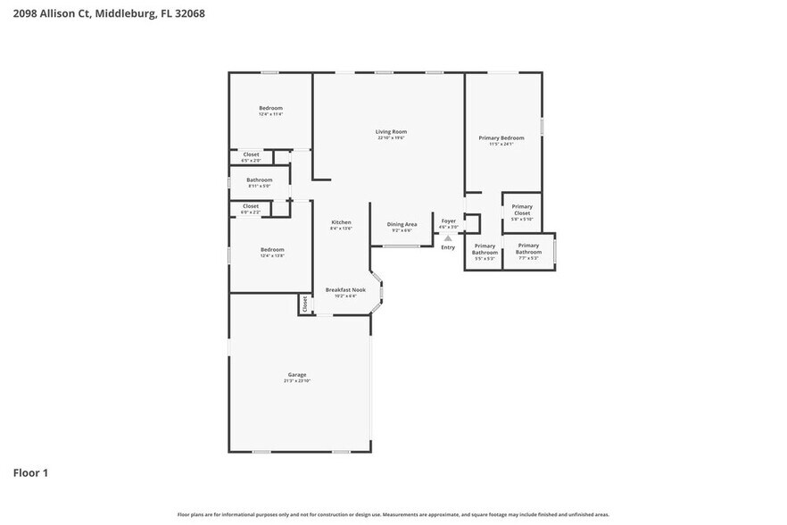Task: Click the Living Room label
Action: pyautogui.click(x=391, y=131)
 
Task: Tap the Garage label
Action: pyautogui.click(x=296, y=374)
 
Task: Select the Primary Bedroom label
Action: pyautogui.click(x=501, y=137)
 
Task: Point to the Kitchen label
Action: pyautogui.click(x=341, y=222)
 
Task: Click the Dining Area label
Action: pyautogui.click(x=402, y=224)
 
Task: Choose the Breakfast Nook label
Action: pyautogui.click(x=345, y=289)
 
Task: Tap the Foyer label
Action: pyautogui.click(x=448, y=221)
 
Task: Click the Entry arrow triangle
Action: pyautogui.click(x=448, y=238)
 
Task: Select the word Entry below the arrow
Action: pyautogui.click(x=448, y=247)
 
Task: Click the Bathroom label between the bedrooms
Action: pyautogui.click(x=259, y=180)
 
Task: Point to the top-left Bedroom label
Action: pyautogui.click(x=270, y=108)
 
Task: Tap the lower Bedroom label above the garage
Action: pyautogui.click(x=272, y=249)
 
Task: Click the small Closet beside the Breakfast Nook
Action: pyautogui.click(x=305, y=304)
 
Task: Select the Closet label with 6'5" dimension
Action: pyautogui.click(x=251, y=154)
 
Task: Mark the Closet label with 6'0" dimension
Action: pyautogui.click(x=251, y=206)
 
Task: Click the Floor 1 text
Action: pyautogui.click(x=30, y=472)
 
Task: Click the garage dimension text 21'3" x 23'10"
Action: pyautogui.click(x=296, y=381)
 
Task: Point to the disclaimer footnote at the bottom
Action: pyautogui.click(x=393, y=514)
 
